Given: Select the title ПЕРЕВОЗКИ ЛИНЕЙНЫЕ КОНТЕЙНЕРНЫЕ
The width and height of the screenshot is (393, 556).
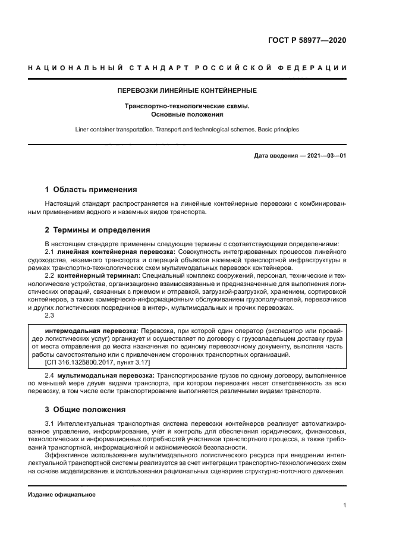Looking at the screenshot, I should pyautogui.click(x=187, y=91).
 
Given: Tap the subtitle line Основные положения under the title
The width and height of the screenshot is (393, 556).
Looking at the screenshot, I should pyautogui.click(x=187, y=114).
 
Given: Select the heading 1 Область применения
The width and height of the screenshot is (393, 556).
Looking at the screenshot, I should pyautogui.click(x=91, y=190).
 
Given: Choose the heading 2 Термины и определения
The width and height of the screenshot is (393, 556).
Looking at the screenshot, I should pyautogui.click(x=98, y=230).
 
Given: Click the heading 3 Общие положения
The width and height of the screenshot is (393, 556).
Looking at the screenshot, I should pyautogui.click(x=86, y=409).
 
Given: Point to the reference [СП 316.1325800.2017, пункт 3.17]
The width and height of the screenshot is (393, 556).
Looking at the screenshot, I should pyautogui.click(x=98, y=362).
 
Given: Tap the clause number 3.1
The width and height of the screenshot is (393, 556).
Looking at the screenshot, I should pyautogui.click(x=50, y=423).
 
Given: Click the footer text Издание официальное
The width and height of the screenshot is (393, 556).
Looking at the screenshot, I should pyautogui.click(x=62, y=494).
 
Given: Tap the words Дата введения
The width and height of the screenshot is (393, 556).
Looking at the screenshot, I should pyautogui.click(x=276, y=156).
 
